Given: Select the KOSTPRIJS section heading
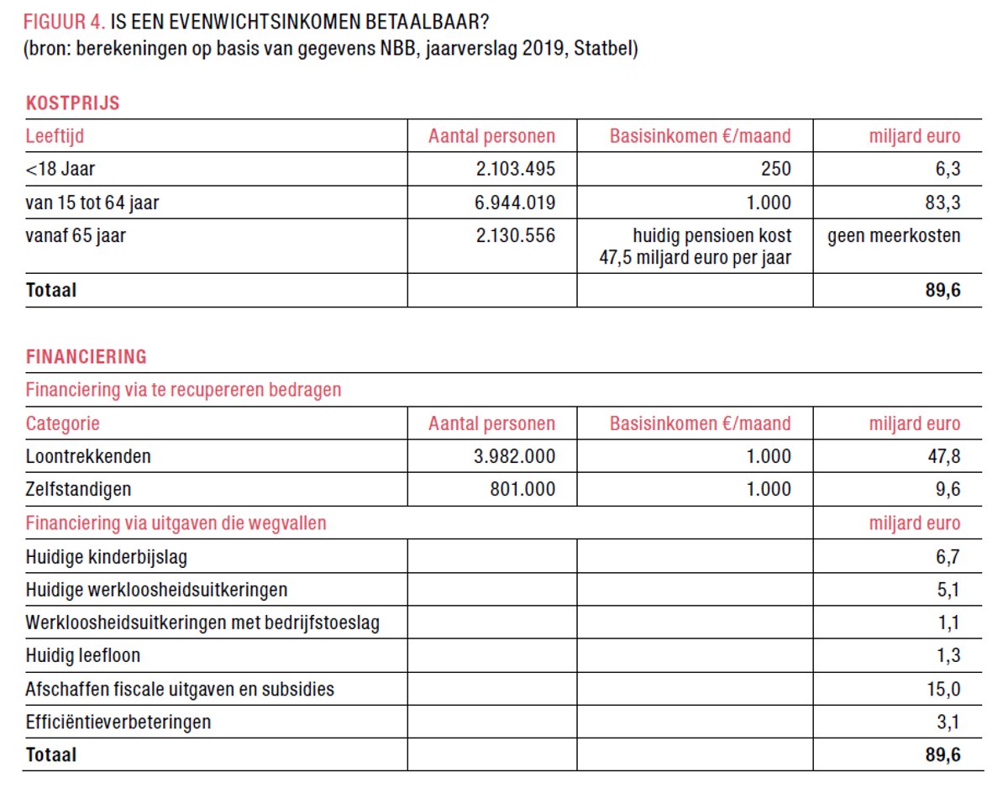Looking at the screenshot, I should (72, 104).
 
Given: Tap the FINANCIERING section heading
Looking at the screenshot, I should (86, 357).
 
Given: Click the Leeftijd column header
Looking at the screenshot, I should (55, 136).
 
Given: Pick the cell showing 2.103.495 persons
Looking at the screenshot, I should (515, 169).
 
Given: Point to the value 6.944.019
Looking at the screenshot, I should (515, 202).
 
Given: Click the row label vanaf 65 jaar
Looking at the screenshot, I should (76, 236).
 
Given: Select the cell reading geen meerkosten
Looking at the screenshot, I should (894, 236).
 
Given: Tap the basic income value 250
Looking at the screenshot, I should (775, 169).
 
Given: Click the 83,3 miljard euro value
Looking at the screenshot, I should (942, 202).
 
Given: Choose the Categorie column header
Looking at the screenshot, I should (62, 423).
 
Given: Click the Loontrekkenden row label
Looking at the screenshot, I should (88, 457).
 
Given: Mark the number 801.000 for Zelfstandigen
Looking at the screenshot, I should (522, 490).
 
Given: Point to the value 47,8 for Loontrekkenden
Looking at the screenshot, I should (942, 457).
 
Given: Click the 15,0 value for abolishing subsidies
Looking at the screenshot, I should (942, 690).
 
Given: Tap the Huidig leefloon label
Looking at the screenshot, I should (83, 656).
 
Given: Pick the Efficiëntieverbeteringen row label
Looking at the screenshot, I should (118, 722).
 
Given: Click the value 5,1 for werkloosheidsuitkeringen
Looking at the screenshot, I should (948, 590).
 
